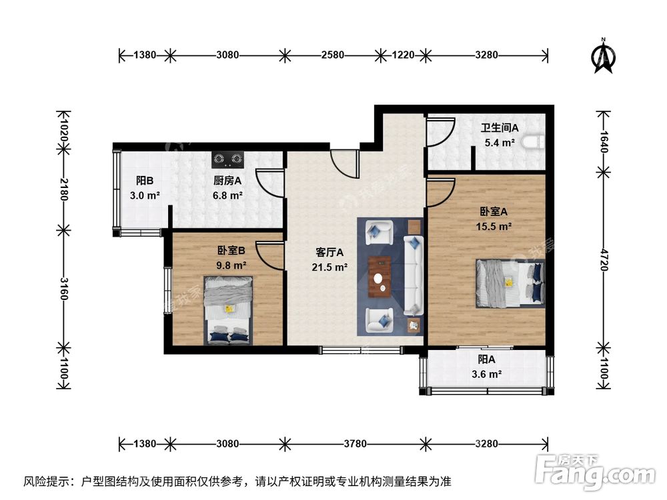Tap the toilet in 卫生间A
535,141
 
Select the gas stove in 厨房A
228,159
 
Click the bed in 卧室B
229,311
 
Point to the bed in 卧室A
510,282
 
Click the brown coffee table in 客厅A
380,276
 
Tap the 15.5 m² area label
494,227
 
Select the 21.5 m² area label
329,267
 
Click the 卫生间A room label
500,127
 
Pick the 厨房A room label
227,181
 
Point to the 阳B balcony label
145,181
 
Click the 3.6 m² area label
486,375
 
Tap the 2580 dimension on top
331,55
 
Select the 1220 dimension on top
402,55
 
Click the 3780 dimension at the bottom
354,442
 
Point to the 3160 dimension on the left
64,287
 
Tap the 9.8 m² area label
231,265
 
